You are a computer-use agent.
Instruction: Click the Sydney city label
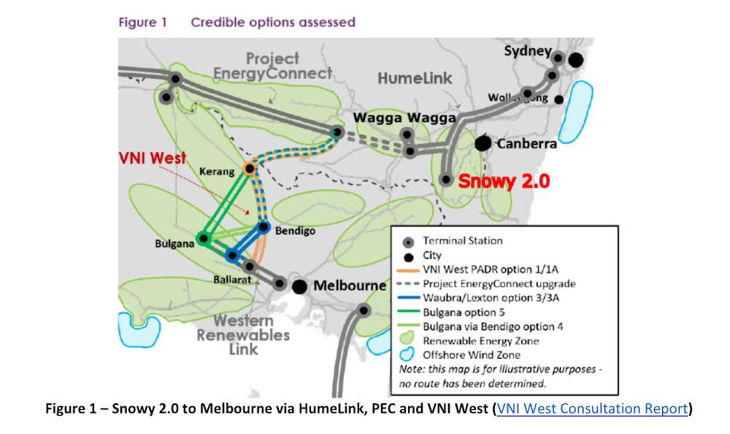pyautogui.click(x=527, y=51)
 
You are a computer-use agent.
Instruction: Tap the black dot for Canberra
pyautogui.click(x=483, y=143)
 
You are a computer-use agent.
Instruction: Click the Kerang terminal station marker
pyautogui.click(x=250, y=169)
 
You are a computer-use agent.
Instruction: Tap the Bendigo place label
pyautogui.click(x=296, y=231)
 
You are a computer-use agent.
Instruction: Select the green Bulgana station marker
pyautogui.click(x=204, y=238)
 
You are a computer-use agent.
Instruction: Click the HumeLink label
pyautogui.click(x=415, y=77)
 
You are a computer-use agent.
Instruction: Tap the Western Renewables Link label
pyautogui.click(x=243, y=335)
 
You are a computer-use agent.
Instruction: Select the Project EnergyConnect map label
pyautogui.click(x=272, y=66)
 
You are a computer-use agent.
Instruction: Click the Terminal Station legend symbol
pyautogui.click(x=409, y=241)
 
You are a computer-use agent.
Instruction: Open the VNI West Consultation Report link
pyautogui.click(x=592, y=408)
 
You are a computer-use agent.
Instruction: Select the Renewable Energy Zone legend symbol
pyautogui.click(x=409, y=340)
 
